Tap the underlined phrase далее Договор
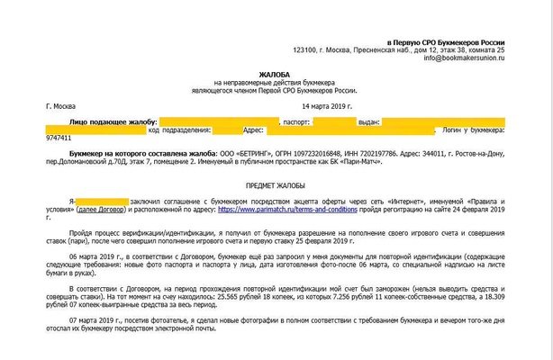[102, 210]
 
